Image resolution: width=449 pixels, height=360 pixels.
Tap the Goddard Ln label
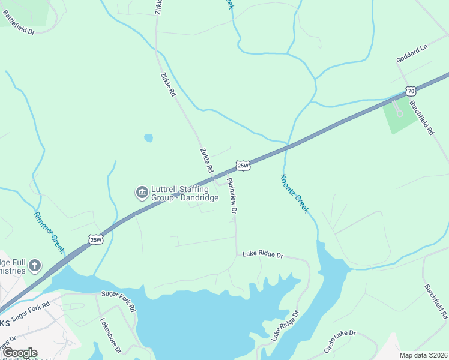[x=411, y=56]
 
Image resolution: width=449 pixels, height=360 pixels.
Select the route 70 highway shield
[x=410, y=91]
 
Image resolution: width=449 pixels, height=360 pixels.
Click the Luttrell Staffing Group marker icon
[x=142, y=192]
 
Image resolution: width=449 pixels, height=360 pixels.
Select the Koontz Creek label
[x=294, y=193]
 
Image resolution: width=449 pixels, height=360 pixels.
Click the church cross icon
[x=35, y=265]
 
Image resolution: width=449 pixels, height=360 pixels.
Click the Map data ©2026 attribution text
[x=423, y=355]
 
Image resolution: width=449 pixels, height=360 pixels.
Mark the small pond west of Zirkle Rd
[x=148, y=138]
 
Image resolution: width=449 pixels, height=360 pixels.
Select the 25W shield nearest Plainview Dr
[x=243, y=166]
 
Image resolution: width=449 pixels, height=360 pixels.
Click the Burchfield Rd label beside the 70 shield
[x=421, y=118]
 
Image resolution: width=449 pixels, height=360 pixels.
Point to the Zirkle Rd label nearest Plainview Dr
[x=206, y=160]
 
